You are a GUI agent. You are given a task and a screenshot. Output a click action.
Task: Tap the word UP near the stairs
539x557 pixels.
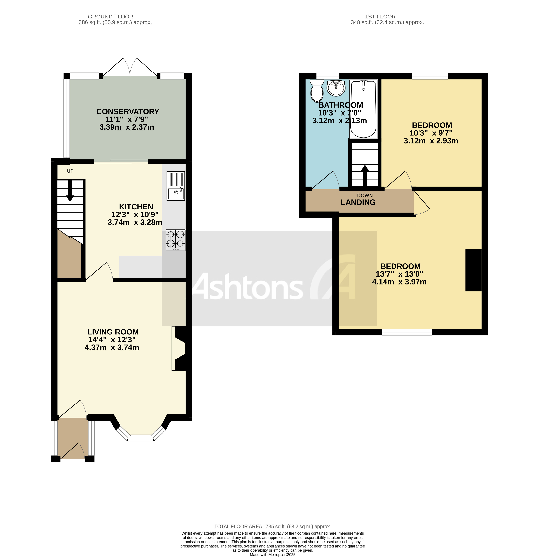pos(70,171)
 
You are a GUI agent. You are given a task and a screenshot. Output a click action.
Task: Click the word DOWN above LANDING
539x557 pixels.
pos(365,196)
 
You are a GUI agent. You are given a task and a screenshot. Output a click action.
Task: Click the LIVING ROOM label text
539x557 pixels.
pos(113,332)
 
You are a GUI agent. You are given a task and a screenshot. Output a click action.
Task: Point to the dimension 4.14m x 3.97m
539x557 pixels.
pos(399,282)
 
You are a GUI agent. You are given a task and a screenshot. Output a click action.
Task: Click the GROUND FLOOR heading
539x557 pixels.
pos(111,17)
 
